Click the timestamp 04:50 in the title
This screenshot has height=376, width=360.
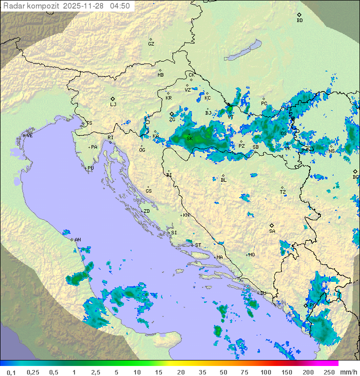[119, 6]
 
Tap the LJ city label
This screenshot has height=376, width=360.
[113, 105]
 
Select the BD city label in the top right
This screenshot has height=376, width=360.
[299, 21]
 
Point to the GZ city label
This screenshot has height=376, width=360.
[151, 44]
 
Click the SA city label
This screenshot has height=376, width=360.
[272, 231]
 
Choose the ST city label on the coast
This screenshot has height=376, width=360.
[198, 245]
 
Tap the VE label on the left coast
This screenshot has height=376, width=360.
[29, 136]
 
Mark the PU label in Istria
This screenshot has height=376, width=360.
[90, 168]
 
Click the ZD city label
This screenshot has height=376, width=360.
[146, 211]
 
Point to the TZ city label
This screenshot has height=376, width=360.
[283, 192]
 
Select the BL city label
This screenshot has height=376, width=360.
[223, 180]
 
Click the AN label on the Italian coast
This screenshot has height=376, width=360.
[77, 240]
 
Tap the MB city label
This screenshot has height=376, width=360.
[160, 75]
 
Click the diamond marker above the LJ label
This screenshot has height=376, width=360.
[113, 99]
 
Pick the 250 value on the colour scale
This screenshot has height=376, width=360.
[329, 372]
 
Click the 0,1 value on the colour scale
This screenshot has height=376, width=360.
[11, 372]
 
